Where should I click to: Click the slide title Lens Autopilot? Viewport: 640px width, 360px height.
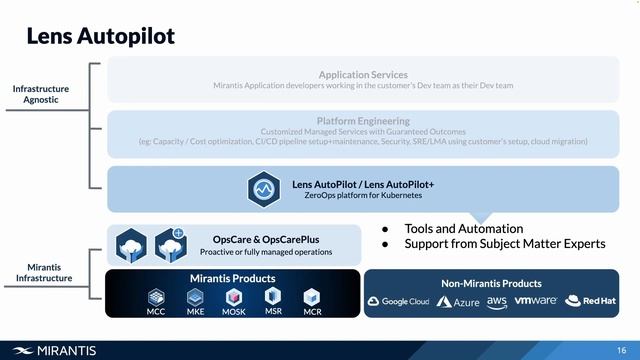click(100, 36)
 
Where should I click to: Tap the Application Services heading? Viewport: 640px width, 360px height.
click(363, 74)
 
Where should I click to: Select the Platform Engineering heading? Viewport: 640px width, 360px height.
click(363, 121)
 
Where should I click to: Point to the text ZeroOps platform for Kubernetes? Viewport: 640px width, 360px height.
click(363, 195)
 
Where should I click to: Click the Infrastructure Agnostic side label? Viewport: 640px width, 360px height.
click(41, 94)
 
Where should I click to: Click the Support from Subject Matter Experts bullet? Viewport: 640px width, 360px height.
click(504, 244)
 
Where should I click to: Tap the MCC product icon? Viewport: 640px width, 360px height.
click(156, 297)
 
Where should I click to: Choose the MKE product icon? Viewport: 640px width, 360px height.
click(195, 297)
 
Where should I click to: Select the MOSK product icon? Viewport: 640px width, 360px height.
click(234, 297)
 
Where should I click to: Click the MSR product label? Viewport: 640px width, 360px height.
click(273, 311)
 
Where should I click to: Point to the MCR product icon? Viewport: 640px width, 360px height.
click(312, 297)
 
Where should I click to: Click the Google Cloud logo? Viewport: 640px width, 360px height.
click(398, 301)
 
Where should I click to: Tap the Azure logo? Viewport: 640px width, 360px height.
click(458, 301)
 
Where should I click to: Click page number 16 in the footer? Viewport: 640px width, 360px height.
click(622, 349)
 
